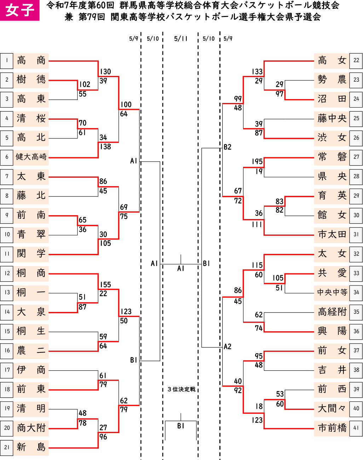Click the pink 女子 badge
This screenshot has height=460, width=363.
point(20,10)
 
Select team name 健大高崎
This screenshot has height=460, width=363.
point(31,157)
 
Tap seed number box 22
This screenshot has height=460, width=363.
point(356,61)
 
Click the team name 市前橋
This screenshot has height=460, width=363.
point(332,428)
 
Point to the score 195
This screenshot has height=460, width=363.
point(257,161)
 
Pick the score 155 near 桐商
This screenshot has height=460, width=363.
point(105,285)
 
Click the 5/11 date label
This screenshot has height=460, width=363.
point(181,39)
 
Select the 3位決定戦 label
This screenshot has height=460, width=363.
point(181,389)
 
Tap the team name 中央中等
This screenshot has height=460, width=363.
point(332,292)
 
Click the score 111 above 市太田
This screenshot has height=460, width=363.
point(257,224)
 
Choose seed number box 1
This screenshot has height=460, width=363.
point(7,61)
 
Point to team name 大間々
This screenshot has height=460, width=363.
point(332,409)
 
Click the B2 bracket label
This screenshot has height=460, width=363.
point(227,147)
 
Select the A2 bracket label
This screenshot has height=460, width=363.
point(227,346)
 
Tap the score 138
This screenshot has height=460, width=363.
point(105,146)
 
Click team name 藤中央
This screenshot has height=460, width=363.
point(332,118)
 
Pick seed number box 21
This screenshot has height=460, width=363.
point(7,447)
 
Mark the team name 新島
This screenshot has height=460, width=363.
point(31,447)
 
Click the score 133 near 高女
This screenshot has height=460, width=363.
point(257,71)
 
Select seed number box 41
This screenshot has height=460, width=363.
point(356,428)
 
